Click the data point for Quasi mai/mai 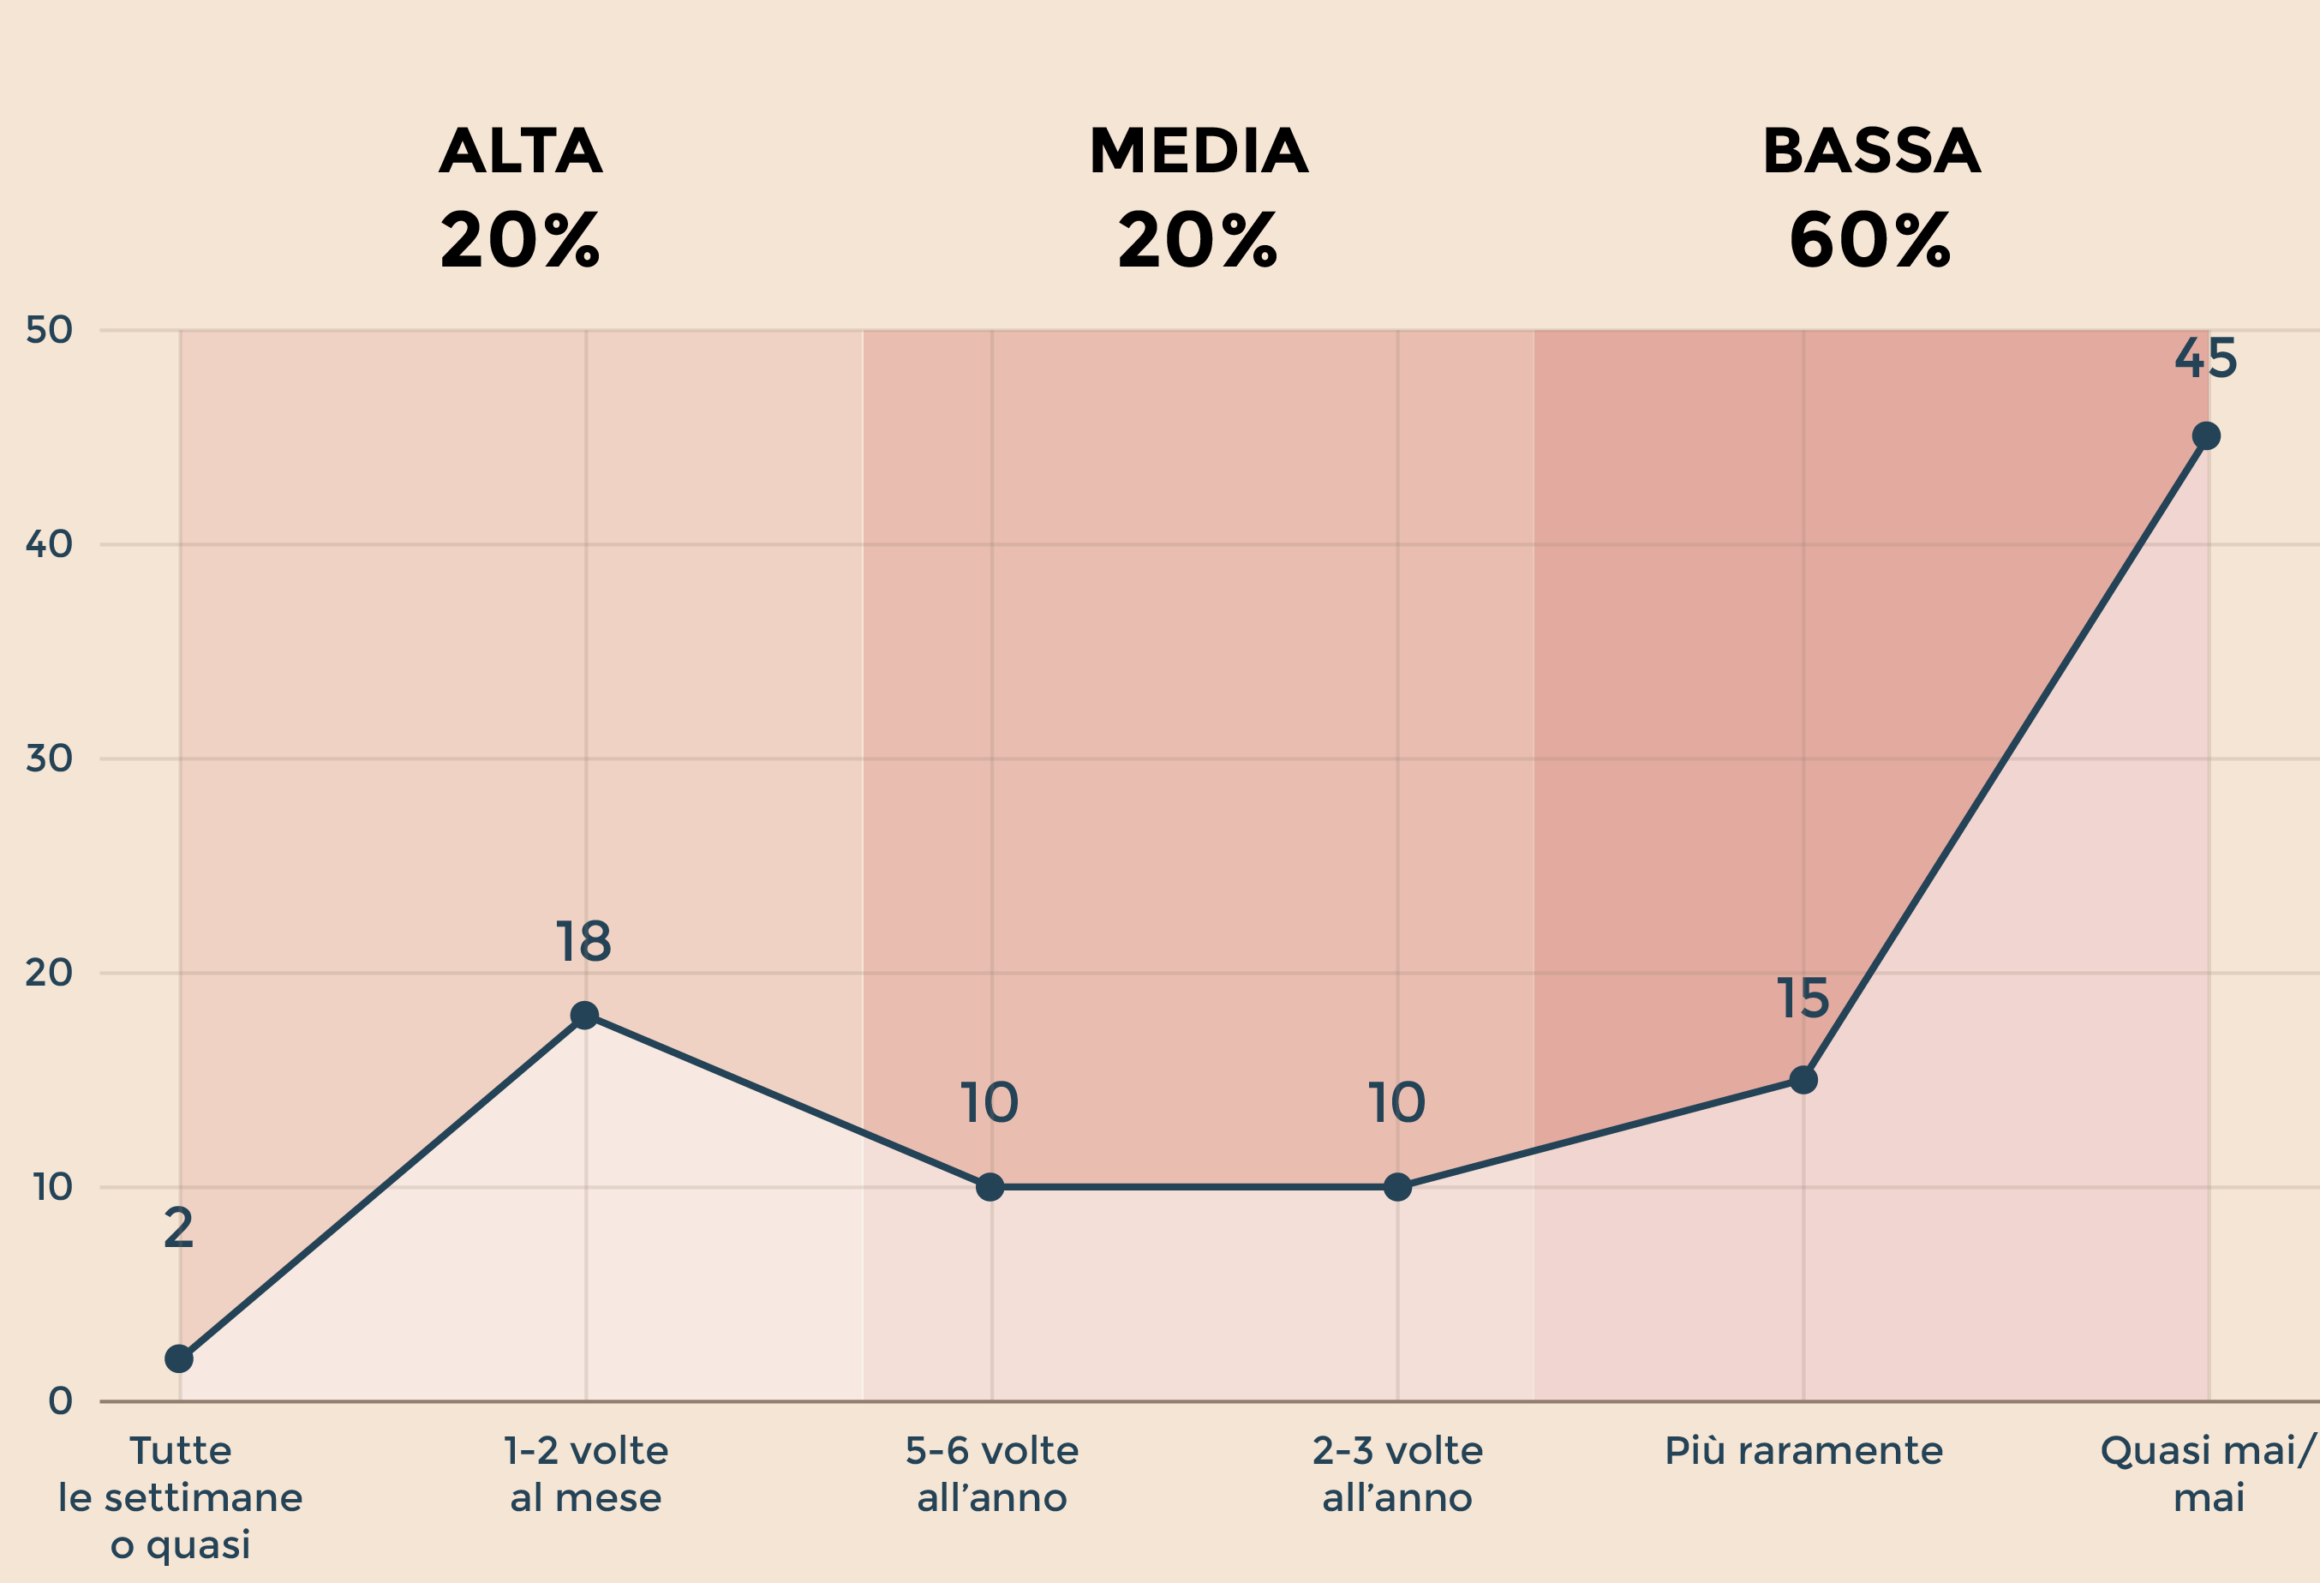[x=2206, y=435]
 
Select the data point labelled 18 [x=584, y=1016]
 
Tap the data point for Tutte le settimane [x=179, y=1358]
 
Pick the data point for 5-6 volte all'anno [x=990, y=1186]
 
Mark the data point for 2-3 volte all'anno [x=1397, y=1186]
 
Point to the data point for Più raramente [x=1803, y=1080]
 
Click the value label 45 [x=2206, y=358]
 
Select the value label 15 [x=1803, y=998]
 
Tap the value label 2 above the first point [x=179, y=1228]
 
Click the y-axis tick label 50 [x=49, y=330]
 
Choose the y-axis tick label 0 [x=60, y=1401]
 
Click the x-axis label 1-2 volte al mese [x=586, y=1474]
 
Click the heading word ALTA [x=521, y=151]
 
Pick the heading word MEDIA [x=1198, y=151]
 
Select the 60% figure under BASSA [x=1869, y=241]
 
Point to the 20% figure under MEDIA [x=1198, y=241]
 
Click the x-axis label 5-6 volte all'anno [x=992, y=1474]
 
